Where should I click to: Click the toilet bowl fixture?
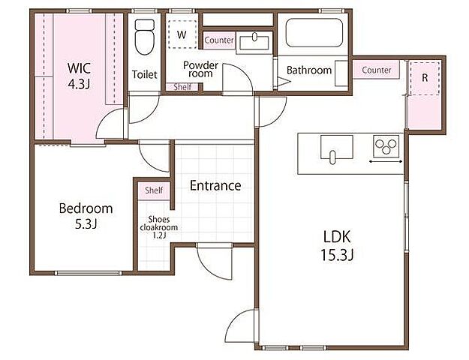tap(144, 37)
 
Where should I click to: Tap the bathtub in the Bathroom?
tap(314, 32)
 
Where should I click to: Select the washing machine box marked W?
tap(182, 34)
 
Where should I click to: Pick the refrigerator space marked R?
tap(425, 78)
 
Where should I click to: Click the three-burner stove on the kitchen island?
tap(386, 146)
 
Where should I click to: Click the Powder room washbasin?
tap(254, 43)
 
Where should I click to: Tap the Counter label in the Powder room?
tap(219, 40)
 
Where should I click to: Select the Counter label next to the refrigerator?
tap(377, 70)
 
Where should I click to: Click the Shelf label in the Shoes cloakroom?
tap(154, 190)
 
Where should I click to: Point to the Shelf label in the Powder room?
tap(182, 87)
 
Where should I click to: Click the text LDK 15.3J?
tap(337, 246)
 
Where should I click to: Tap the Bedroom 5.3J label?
tap(86, 216)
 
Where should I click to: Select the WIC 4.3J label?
tap(79, 76)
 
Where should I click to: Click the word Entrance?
tap(215, 186)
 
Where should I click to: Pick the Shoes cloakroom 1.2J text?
tap(159, 227)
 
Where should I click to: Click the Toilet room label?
tap(145, 74)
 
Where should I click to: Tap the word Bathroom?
tap(309, 70)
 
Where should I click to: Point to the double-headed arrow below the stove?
tap(386, 162)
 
